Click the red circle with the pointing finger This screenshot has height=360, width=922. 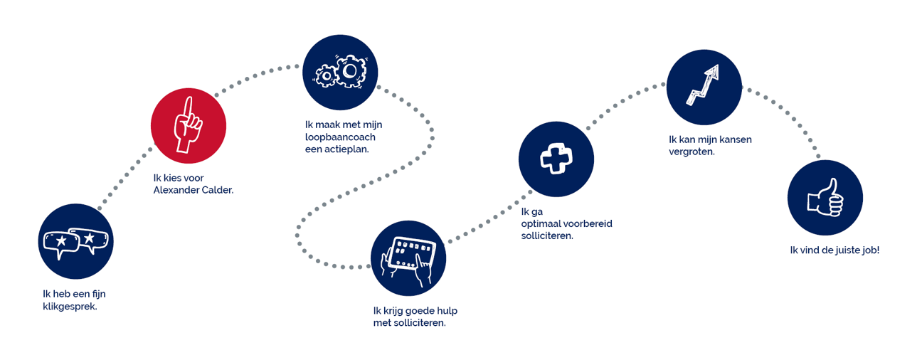click(189, 126)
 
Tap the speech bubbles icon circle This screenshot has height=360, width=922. click(75, 241)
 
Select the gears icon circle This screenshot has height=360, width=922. click(340, 72)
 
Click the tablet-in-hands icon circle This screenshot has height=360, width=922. click(408, 258)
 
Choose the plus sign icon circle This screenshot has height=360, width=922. click(556, 158)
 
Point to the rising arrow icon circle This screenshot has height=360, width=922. click(704, 87)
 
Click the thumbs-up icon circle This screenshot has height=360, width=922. click(825, 198)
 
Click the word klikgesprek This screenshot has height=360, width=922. click(70, 307)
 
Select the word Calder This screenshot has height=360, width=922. click(218, 190)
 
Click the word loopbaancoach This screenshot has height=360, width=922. click(340, 137)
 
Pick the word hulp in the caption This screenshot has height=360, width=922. click(447, 310)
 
